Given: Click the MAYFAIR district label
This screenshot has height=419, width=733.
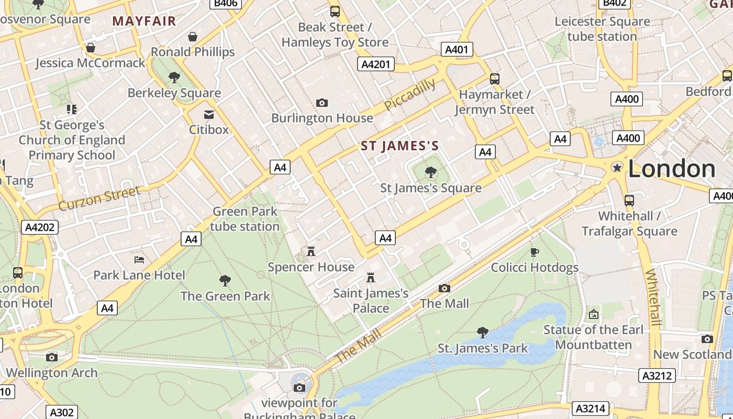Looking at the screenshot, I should tap(144, 21).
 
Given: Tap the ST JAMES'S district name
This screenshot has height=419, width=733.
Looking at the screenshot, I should tap(399, 146).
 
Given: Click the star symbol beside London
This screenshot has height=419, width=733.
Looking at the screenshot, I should tap(617, 168).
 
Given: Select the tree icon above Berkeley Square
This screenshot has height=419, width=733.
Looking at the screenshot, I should tap(174, 78).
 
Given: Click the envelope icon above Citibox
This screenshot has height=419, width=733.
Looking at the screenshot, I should tap(209, 114).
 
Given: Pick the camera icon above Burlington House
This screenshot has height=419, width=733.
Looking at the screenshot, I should tap(322, 103).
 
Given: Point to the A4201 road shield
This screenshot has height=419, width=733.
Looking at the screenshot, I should tap(376, 64).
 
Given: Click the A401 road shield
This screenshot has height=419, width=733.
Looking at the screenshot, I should tap(457, 50).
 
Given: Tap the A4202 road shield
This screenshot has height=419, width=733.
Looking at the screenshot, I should tap(40, 227).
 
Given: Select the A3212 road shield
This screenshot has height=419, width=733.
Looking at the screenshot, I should tap(657, 376).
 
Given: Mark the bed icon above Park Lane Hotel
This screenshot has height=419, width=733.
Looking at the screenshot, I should tap(139, 260).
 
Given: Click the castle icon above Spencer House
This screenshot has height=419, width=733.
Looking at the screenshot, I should tap(311, 252).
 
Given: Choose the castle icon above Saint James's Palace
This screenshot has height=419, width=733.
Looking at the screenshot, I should tap(371, 277).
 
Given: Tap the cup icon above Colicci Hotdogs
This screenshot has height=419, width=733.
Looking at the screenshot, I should tap(534, 252).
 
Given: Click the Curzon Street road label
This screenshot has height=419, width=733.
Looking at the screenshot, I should tap(99, 198).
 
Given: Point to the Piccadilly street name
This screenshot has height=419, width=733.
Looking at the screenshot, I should tap(409, 95).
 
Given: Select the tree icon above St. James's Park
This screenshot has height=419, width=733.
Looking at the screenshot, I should tap(482, 333).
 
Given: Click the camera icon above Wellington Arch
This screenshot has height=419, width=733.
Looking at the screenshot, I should tap(51, 357).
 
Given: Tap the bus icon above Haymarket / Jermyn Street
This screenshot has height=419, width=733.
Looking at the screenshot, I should tap(494, 79).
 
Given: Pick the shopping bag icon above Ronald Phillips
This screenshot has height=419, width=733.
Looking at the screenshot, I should tap(193, 37).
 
